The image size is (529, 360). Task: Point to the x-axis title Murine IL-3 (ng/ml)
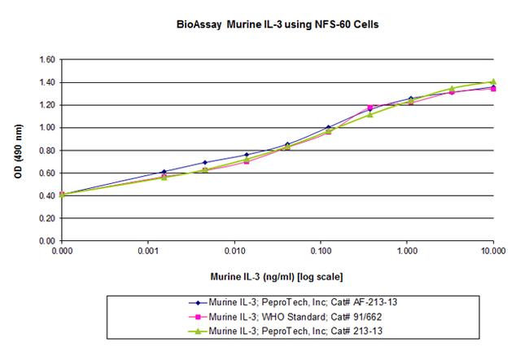pos(278,279)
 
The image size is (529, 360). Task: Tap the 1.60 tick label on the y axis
pos(46,59)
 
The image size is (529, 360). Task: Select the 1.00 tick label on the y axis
pos(46,128)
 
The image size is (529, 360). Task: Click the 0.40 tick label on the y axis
pos(46,195)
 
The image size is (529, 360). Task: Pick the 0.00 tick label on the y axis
pos(46,241)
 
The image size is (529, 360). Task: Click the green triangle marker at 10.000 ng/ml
pos(493,81)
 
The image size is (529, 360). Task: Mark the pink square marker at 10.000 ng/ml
pos(493,88)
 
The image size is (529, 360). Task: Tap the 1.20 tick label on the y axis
pos(46,105)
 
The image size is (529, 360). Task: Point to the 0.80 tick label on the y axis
pos(46,150)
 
